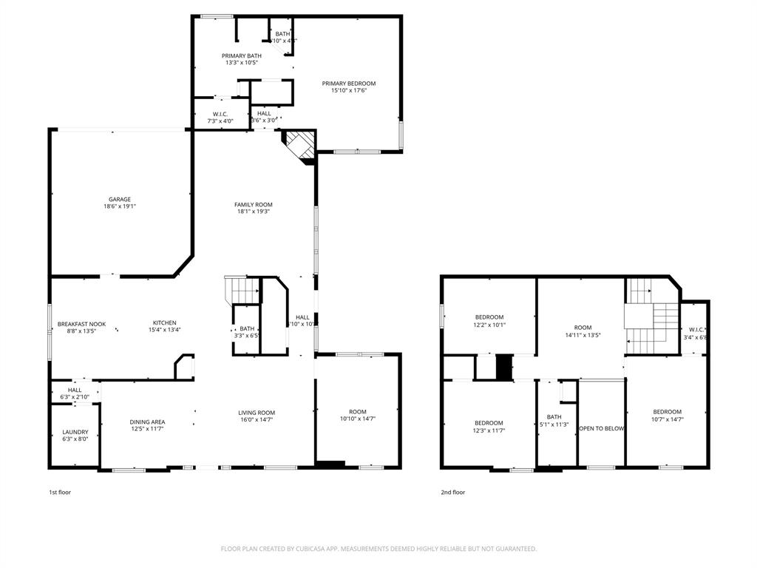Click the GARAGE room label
click(x=120, y=199)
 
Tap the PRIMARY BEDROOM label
click(x=349, y=84)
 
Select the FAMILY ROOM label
click(x=254, y=205)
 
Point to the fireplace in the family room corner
click(x=299, y=145)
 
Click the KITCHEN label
click(x=165, y=322)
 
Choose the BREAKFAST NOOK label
click(x=82, y=324)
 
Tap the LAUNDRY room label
click(x=75, y=432)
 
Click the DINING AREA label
click(x=147, y=422)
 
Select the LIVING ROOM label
click(x=257, y=413)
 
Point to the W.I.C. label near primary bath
click(x=220, y=114)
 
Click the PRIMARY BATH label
click(x=242, y=55)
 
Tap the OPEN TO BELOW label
click(x=601, y=428)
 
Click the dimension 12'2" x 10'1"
click(x=489, y=324)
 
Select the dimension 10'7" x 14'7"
click(x=668, y=419)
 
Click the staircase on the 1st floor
click(x=242, y=290)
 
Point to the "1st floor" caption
click(x=60, y=492)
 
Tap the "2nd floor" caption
click(x=453, y=492)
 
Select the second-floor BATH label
click(x=554, y=416)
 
